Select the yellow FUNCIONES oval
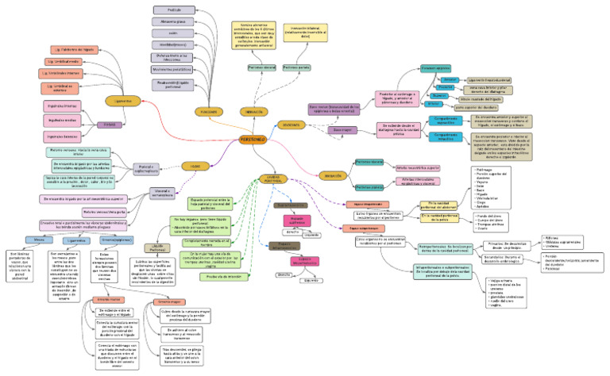[187, 112]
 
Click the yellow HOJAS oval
[191, 166]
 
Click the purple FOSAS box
[109, 125]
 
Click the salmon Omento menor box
[108, 298]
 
